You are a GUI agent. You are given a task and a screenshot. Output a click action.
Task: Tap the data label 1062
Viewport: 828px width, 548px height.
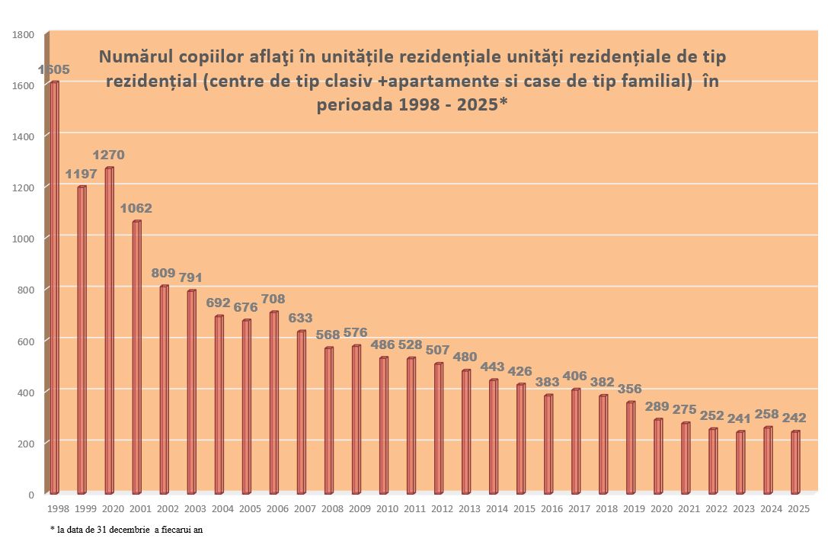click(136, 208)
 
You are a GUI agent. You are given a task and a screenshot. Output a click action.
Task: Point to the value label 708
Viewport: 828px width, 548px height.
click(273, 299)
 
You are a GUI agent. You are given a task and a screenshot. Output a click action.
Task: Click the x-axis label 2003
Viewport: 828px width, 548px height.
click(195, 508)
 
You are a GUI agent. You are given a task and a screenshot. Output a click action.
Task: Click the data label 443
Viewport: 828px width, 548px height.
click(494, 367)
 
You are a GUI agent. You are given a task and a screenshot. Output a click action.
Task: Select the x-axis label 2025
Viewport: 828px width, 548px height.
click(798, 508)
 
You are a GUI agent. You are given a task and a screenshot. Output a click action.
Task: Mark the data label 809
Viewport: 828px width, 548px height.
click(163, 273)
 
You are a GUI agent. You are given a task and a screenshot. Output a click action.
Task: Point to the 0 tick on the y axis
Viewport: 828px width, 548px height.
click(30, 495)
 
